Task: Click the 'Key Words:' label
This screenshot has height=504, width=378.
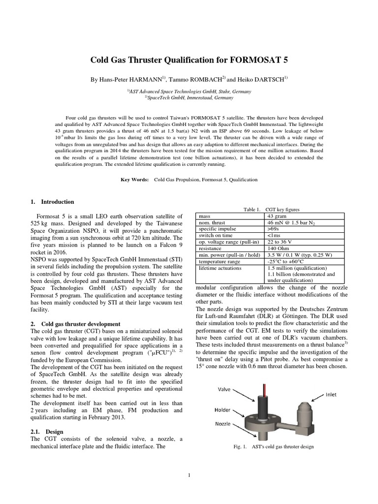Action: (x=135, y=180)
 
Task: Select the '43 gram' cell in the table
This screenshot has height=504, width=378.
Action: (x=277, y=216)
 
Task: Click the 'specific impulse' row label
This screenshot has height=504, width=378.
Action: (x=217, y=229)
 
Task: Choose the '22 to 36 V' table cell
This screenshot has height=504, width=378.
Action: (x=279, y=242)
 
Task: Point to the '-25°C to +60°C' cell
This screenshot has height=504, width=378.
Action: (x=287, y=261)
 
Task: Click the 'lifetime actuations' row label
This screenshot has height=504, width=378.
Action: (x=220, y=268)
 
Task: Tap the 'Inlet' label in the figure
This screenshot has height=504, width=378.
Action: (x=330, y=395)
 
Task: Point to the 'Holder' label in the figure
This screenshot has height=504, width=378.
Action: (x=223, y=409)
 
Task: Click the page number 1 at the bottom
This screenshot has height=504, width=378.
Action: (x=189, y=475)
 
